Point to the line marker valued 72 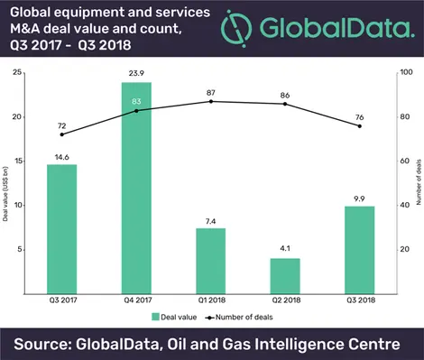click(62, 134)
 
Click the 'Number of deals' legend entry click(245, 317)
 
